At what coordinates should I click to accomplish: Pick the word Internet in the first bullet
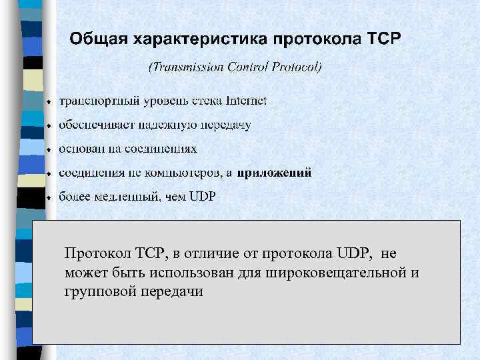(x=246, y=101)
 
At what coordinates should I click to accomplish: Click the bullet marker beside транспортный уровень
(x=49, y=103)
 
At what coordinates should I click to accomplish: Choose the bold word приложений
(x=274, y=173)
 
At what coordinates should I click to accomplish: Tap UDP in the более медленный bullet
(x=203, y=197)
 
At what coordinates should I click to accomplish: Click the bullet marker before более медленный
(x=49, y=199)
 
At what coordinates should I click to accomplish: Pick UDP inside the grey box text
(x=353, y=255)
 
